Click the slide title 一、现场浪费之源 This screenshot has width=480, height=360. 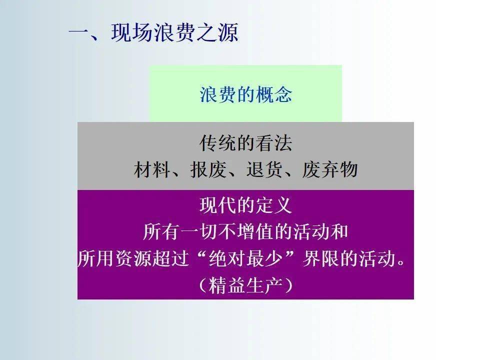pyautogui.click(x=153, y=32)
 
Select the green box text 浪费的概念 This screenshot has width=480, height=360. pyautogui.click(x=246, y=94)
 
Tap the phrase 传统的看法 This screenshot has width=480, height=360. pyautogui.click(x=246, y=143)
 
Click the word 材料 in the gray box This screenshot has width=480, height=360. pyautogui.click(x=152, y=169)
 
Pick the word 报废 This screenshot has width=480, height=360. pyautogui.click(x=208, y=169)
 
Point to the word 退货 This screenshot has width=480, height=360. pyautogui.click(x=264, y=169)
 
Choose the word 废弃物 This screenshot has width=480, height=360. pyautogui.click(x=330, y=169)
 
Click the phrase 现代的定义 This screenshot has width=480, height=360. pyautogui.click(x=246, y=205)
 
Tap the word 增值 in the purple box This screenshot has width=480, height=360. pyautogui.click(x=255, y=231)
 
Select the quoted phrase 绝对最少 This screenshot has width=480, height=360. pyautogui.click(x=245, y=258)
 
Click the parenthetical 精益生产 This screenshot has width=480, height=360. pyautogui.click(x=245, y=285)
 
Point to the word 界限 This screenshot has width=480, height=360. pyautogui.click(x=320, y=258)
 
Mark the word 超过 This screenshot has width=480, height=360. pyautogui.click(x=171, y=258)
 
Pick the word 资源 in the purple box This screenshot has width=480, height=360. pyautogui.click(x=133, y=258)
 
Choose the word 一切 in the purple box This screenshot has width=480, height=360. pyautogui.click(x=199, y=231)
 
